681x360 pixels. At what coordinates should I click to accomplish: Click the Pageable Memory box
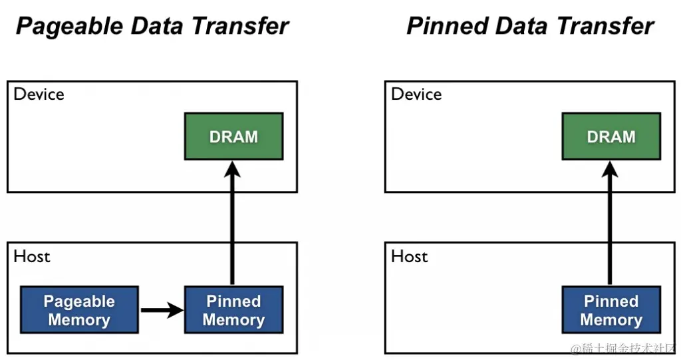point(79,310)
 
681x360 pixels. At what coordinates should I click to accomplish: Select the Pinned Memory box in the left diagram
point(233,310)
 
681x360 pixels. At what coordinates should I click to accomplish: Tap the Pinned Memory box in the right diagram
point(611,310)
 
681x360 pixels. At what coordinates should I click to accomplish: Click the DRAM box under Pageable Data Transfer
point(233,136)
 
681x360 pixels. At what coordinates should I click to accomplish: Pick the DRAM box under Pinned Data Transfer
point(611,136)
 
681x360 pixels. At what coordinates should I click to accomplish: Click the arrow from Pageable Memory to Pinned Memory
point(161,309)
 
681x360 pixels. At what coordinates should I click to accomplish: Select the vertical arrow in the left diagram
point(232,226)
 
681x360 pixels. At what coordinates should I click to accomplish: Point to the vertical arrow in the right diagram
point(610,226)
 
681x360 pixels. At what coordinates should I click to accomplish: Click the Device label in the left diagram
point(39,94)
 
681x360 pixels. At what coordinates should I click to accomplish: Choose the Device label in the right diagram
point(416,94)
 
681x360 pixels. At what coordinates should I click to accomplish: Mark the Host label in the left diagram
point(32,256)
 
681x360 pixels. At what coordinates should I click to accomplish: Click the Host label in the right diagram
point(409,256)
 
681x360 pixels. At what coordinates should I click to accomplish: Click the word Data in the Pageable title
point(157,27)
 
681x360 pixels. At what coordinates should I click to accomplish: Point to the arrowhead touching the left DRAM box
point(232,169)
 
